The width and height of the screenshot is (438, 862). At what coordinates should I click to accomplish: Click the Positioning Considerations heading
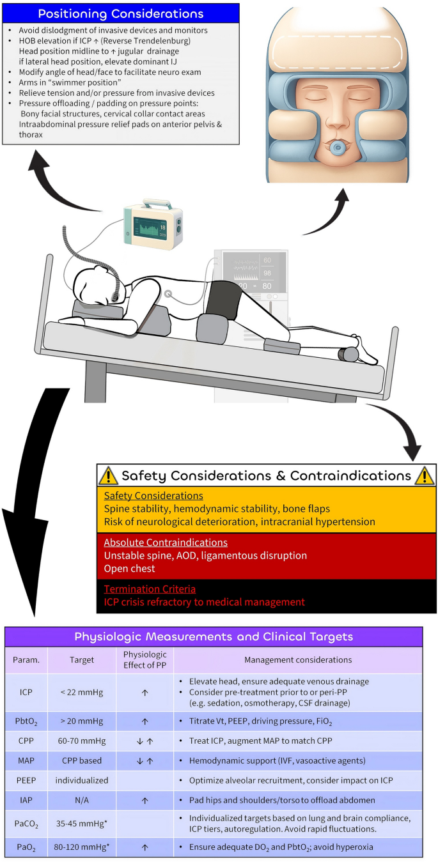121,13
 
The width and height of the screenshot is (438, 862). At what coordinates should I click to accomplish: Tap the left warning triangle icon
108,476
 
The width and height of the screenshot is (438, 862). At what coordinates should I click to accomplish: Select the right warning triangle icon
425,476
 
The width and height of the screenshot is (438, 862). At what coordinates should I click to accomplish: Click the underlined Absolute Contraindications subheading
166,543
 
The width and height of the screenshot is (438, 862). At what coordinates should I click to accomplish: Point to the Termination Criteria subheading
150,589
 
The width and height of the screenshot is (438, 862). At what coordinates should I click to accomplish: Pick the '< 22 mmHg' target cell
79,692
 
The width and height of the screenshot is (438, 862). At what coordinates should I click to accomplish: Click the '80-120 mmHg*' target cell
79,848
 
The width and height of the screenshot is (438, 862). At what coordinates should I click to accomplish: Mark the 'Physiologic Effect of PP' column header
145,659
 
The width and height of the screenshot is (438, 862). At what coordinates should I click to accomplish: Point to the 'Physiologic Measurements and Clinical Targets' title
214,636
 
